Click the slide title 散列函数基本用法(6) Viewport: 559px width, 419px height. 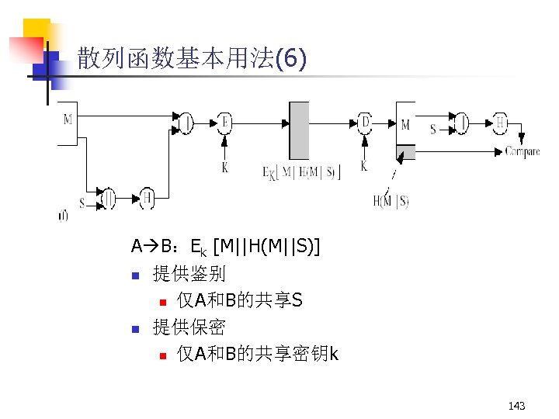[192, 59]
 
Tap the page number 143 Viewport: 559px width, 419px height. [516, 406]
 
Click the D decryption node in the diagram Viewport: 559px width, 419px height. [365, 122]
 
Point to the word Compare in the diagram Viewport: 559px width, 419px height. [523, 151]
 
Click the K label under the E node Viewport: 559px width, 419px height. [225, 167]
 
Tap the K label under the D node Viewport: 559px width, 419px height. [363, 166]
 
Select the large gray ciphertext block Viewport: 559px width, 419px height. [299, 130]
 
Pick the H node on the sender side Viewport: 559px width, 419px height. [147, 198]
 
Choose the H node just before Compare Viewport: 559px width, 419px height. [502, 122]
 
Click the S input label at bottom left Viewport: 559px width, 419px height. [82, 203]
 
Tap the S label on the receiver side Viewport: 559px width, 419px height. [432, 129]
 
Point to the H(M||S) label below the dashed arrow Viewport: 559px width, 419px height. [391, 202]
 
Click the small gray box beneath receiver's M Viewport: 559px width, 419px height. [405, 151]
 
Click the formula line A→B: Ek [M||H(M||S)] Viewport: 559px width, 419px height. [226, 248]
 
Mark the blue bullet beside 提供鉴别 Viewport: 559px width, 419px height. [134, 275]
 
